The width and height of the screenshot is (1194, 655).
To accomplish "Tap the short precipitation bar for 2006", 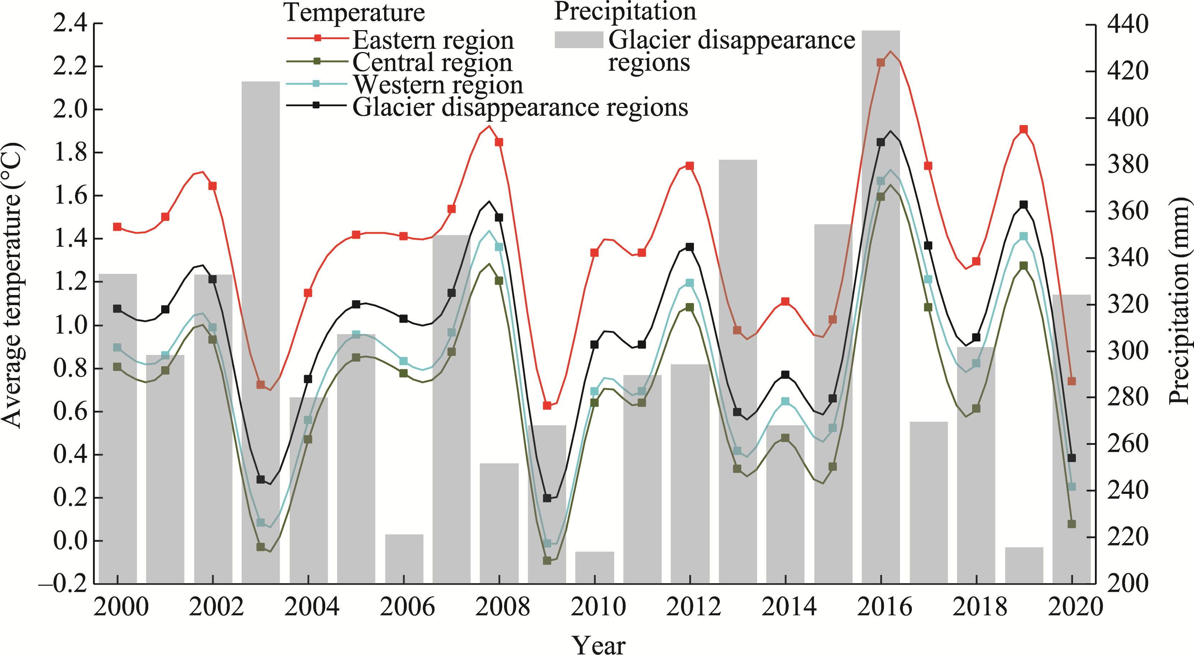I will pyautogui.click(x=404, y=558).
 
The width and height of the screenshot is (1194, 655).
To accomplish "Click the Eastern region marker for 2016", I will pyautogui.click(x=881, y=62).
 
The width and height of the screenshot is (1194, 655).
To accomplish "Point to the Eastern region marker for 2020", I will pyautogui.click(x=1071, y=381).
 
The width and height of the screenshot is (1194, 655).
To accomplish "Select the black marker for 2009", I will pyautogui.click(x=547, y=498).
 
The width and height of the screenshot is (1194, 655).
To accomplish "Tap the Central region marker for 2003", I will pyautogui.click(x=261, y=547).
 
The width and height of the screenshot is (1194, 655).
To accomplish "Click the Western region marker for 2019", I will pyautogui.click(x=1024, y=237).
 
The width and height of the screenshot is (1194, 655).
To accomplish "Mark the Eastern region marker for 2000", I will pyautogui.click(x=117, y=227).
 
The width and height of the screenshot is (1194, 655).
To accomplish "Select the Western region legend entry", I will pyautogui.click(x=438, y=85).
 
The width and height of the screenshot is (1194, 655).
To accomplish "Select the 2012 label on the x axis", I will pyautogui.click(x=694, y=607).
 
